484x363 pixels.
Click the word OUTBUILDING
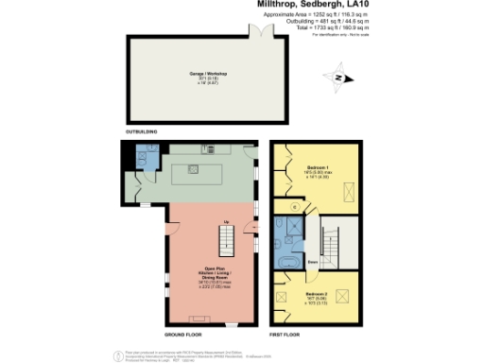click(142, 131)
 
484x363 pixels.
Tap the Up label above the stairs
click(227, 222)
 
